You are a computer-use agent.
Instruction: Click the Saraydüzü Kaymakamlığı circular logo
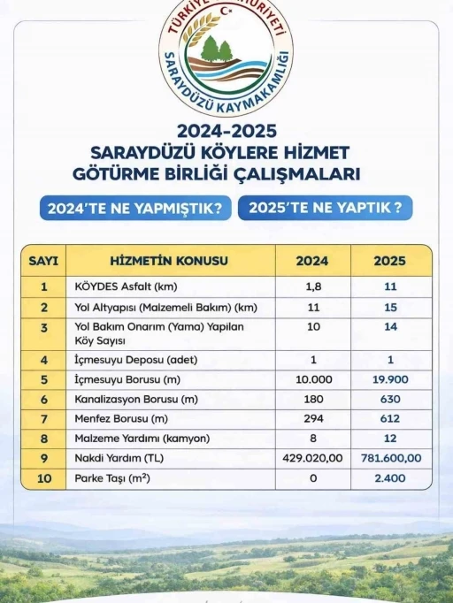[226, 58]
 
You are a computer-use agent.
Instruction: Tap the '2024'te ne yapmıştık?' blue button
[135, 209]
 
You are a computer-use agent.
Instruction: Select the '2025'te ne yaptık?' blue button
[326, 209]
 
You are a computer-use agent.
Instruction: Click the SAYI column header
[43, 261]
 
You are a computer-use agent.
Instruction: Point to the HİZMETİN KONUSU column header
[169, 261]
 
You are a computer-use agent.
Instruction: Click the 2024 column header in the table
[312, 261]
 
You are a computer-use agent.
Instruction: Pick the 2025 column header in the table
[390, 261]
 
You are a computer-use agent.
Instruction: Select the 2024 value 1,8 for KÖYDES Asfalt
[312, 286]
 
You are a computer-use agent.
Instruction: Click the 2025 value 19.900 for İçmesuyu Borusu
[390, 380]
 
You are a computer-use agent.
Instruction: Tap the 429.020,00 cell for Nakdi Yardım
[312, 458]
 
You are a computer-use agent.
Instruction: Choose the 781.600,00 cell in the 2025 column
[390, 458]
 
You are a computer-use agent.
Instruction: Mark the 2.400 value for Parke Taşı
[390, 478]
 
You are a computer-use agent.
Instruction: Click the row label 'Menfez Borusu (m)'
[122, 419]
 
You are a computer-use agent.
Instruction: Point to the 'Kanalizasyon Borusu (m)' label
[134, 400]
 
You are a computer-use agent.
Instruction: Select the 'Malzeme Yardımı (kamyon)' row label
[138, 439]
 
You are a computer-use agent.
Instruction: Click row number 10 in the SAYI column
[43, 478]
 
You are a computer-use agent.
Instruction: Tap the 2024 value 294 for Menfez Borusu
[312, 419]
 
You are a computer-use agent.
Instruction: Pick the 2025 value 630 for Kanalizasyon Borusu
[390, 400]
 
